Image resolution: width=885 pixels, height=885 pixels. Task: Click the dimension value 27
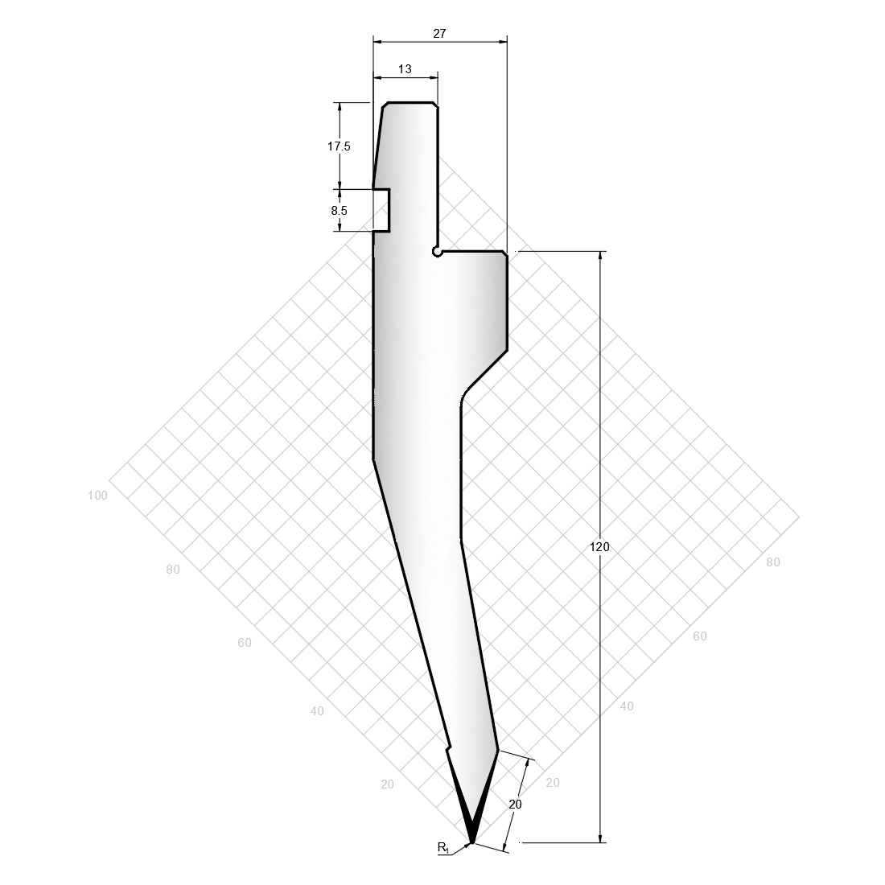tap(439, 33)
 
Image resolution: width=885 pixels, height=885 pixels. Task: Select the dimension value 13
tap(405, 69)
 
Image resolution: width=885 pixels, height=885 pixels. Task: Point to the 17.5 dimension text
tap(339, 146)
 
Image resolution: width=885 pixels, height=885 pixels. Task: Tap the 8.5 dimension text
tap(340, 211)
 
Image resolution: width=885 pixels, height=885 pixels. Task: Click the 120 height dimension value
tap(599, 546)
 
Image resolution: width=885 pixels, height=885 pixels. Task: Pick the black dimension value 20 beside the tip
tap(515, 805)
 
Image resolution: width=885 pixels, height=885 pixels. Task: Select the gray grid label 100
tap(97, 496)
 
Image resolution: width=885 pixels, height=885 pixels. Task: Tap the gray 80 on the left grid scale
tap(173, 570)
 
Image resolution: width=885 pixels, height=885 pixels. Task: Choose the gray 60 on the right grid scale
tap(700, 636)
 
